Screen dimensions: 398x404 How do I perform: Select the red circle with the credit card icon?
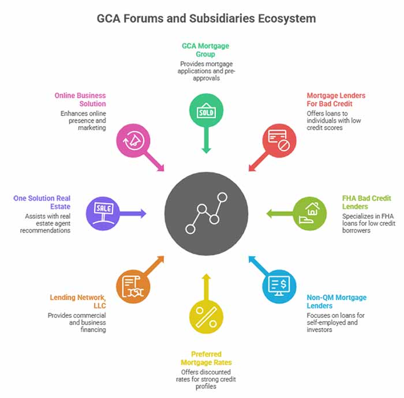pos(279,139)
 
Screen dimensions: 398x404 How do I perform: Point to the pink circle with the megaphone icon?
pos(133,139)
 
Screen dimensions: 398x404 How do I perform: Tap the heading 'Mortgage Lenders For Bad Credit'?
pos(335,99)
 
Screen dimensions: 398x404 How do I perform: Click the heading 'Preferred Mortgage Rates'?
pos(206,358)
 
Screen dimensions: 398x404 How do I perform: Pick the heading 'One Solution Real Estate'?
pos(43,202)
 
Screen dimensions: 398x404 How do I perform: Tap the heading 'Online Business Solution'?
pos(80,99)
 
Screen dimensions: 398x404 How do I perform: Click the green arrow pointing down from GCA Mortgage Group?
pos(206,141)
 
